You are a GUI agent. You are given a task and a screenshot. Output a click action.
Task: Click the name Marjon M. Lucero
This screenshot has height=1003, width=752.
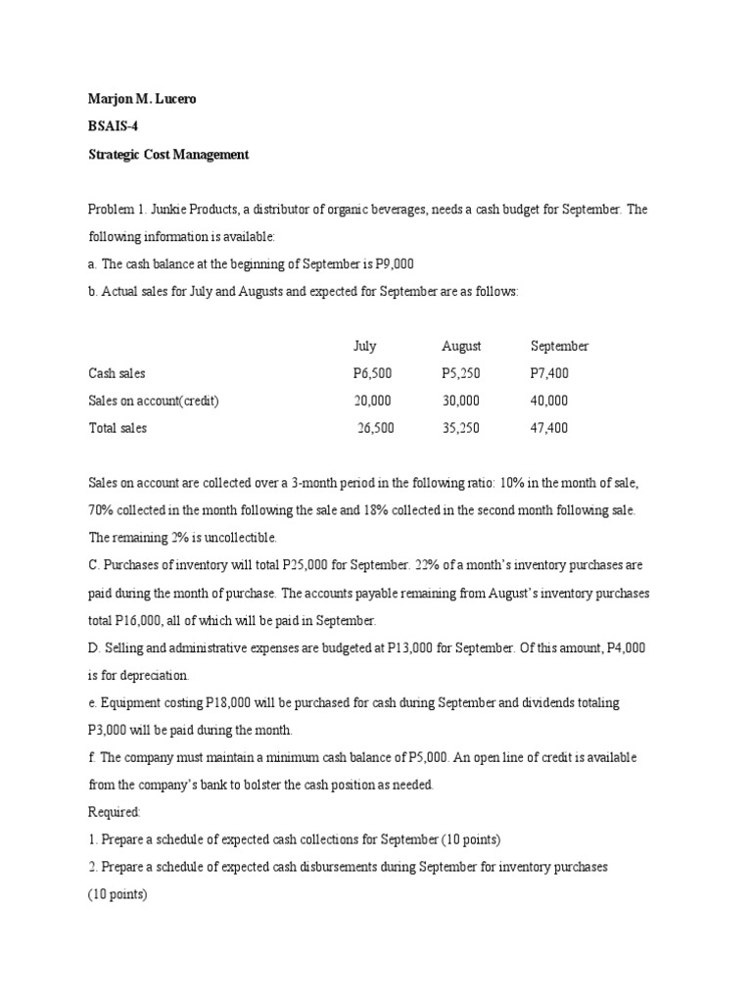142,100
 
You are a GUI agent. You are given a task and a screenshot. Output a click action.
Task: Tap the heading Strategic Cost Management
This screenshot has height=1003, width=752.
168,155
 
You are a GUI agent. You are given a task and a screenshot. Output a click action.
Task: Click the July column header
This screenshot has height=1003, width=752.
364,346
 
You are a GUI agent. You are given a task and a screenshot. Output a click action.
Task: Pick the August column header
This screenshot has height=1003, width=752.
461,346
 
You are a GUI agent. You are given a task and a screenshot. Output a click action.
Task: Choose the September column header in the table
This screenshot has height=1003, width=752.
559,346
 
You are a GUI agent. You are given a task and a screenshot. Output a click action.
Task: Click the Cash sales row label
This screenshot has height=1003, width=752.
117,373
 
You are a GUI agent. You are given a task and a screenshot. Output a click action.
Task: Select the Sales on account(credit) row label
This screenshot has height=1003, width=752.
154,401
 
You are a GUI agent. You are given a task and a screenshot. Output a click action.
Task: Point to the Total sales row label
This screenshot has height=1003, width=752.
117,428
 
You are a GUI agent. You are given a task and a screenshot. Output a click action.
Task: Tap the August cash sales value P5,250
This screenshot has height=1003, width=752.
461,373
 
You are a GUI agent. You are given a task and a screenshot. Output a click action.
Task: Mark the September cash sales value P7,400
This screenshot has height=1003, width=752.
549,373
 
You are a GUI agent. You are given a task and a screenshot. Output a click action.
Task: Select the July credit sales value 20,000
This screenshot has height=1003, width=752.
372,401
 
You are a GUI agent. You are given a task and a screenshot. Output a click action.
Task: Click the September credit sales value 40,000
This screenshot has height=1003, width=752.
549,401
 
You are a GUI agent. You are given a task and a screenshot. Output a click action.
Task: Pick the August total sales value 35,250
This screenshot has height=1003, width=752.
461,428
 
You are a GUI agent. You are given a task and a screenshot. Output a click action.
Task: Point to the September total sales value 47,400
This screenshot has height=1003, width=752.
549,428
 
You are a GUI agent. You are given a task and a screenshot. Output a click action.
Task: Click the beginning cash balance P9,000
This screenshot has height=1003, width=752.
403,264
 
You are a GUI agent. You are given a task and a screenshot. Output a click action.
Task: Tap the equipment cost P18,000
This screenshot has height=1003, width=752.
231,703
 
